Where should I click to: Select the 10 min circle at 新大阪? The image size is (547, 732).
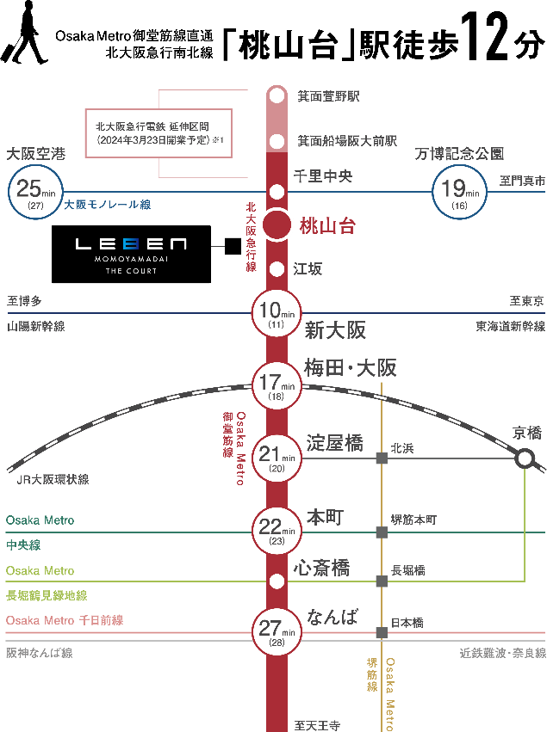tap(277, 314)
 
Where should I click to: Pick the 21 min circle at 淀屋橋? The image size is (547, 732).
tap(277, 458)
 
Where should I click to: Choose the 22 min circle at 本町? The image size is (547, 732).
tap(277, 532)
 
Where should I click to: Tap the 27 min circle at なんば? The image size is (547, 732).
tap(277, 632)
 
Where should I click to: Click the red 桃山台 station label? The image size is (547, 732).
tap(327, 226)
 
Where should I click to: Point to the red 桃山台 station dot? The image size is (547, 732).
tap(277, 225)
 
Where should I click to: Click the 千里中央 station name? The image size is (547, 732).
tap(323, 176)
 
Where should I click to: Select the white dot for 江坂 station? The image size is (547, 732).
tap(277, 268)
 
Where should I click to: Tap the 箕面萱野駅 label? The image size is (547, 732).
tap(328, 96)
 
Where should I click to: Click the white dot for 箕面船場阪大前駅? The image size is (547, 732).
tap(277, 141)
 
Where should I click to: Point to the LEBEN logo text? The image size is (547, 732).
tap(131, 244)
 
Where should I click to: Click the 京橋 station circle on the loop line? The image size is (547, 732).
tap(525, 458)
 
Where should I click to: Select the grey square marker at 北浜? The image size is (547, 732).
tap(382, 458)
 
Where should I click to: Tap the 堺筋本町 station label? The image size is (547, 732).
tap(414, 520)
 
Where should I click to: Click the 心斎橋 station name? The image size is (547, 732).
tap(321, 568)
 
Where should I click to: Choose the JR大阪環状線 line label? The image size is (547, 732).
tap(53, 479)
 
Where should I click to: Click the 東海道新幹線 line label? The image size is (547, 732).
tap(510, 327)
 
